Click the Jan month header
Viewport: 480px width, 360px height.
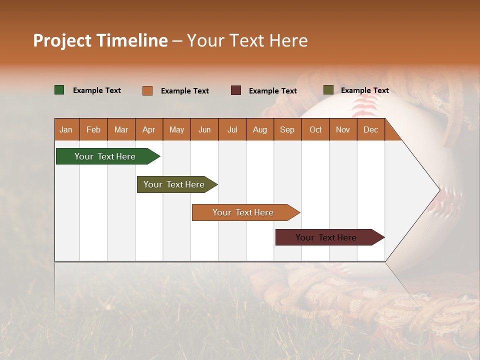pyautogui.click(x=66, y=129)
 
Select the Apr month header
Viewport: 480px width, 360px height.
pyautogui.click(x=149, y=129)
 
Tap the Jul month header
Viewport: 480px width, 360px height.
pyautogui.click(x=232, y=129)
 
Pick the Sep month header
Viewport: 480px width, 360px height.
pyautogui.click(x=287, y=129)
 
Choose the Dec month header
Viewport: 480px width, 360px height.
pyautogui.click(x=370, y=129)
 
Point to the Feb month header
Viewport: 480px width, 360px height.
pyautogui.click(x=93, y=129)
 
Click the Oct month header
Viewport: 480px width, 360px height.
pyautogui.click(x=315, y=129)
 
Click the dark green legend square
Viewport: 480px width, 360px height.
pyautogui.click(x=59, y=90)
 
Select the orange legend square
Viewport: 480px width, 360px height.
pyautogui.click(x=147, y=90)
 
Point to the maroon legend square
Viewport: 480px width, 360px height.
pyautogui.click(x=236, y=90)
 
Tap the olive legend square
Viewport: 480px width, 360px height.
pyautogui.click(x=328, y=90)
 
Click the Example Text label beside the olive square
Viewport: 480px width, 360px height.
pyautogui.click(x=364, y=90)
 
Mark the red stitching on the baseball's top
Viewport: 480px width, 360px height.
pyautogui.click(x=363, y=105)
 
